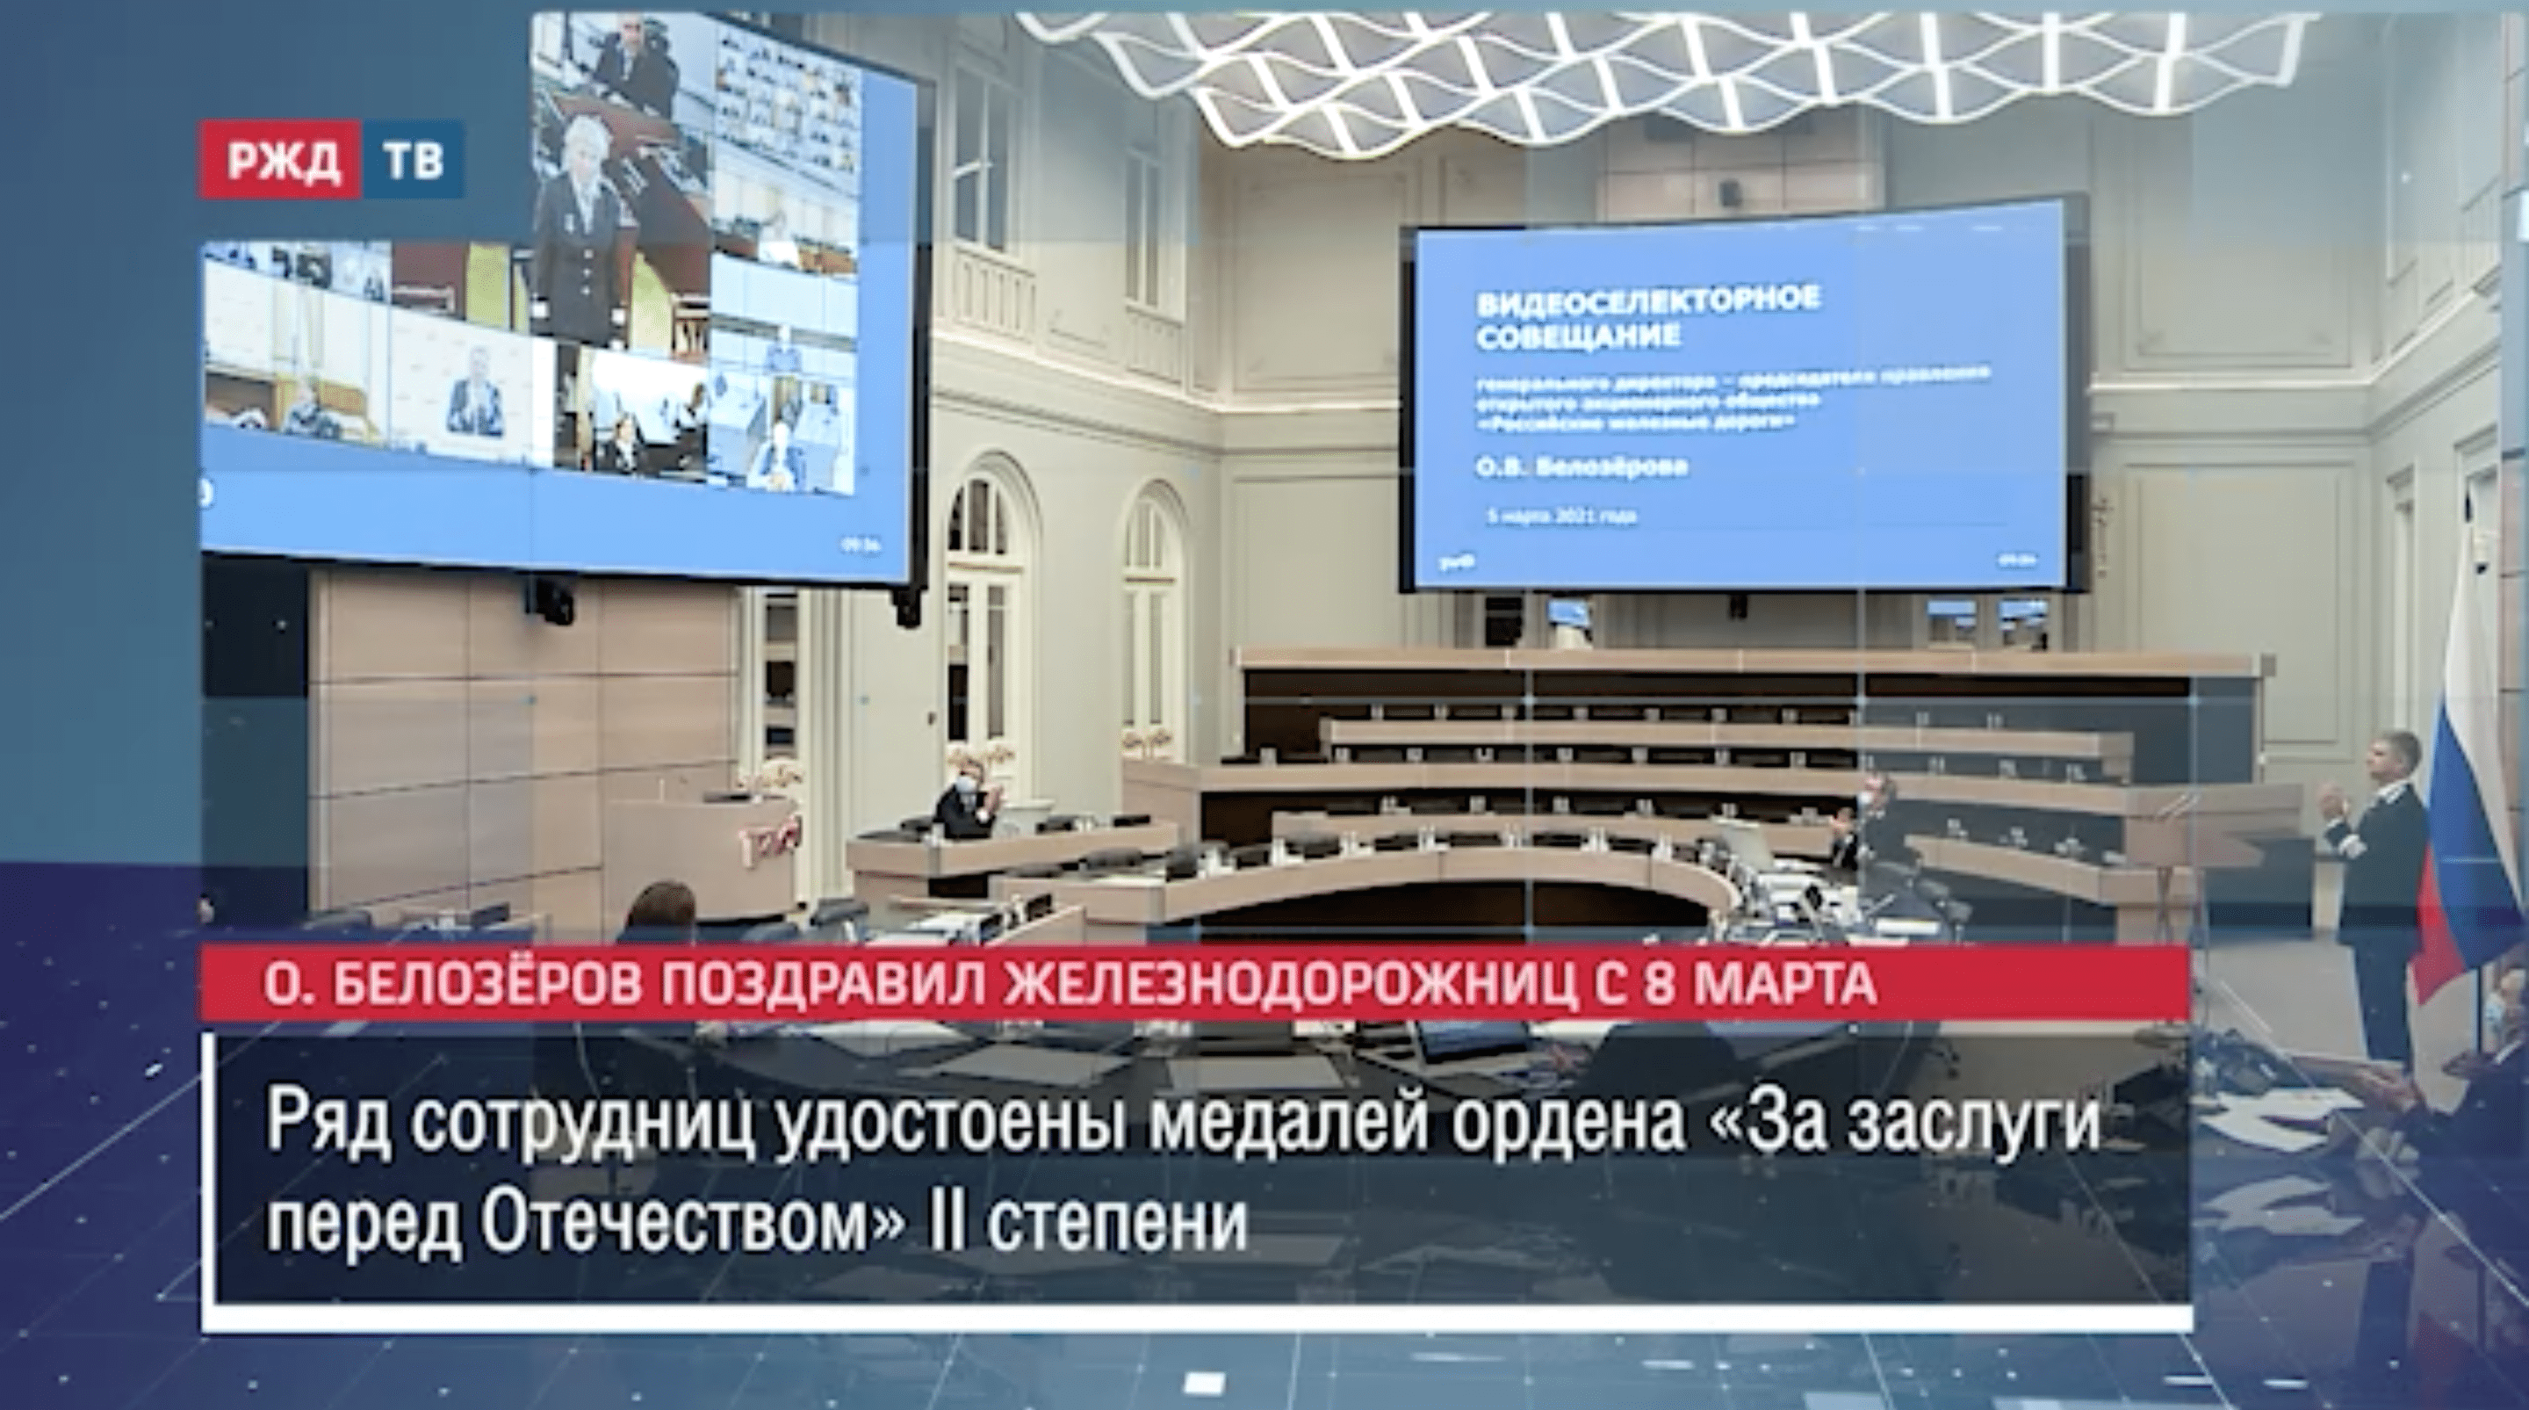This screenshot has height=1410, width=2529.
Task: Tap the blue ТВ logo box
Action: click(413, 159)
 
